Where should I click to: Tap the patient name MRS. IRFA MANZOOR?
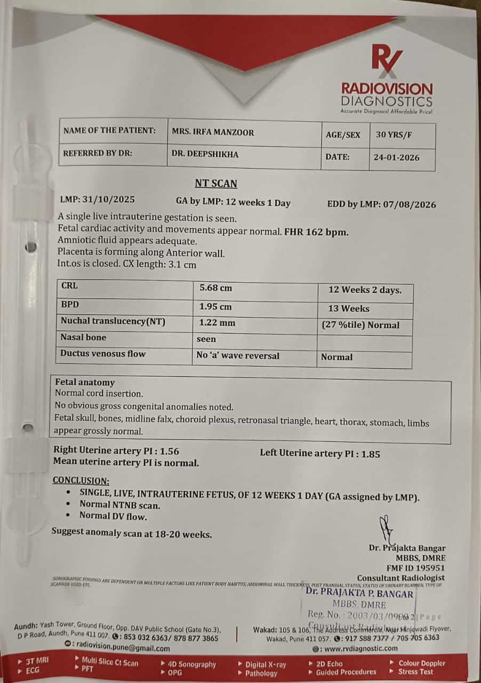(x=213, y=132)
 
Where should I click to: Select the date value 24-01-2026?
(x=396, y=157)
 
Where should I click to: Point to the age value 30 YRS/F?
(x=394, y=135)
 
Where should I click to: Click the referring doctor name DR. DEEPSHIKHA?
(x=205, y=154)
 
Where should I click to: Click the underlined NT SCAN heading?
(x=215, y=184)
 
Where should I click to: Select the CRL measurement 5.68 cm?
(x=215, y=288)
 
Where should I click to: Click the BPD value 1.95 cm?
(x=215, y=307)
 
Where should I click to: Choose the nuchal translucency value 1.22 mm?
(x=217, y=323)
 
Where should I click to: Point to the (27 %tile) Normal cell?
(x=360, y=325)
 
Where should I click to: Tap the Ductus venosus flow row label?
(x=103, y=353)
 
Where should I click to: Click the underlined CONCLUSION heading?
(x=81, y=480)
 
